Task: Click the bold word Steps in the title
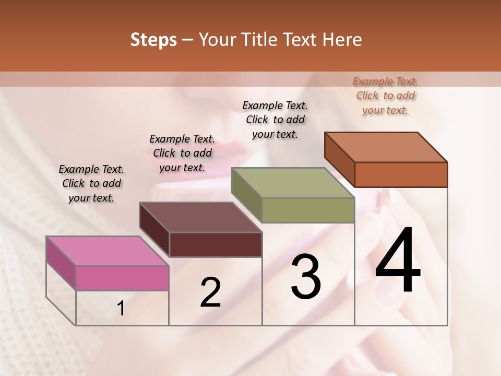[x=153, y=40]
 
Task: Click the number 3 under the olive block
[x=305, y=277]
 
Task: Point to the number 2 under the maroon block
[x=210, y=292]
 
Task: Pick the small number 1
[x=121, y=309]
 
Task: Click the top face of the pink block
[x=107, y=251]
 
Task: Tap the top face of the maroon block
[x=200, y=217]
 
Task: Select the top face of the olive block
[x=293, y=182]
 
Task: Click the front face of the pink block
[x=122, y=278]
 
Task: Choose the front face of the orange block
[x=401, y=174]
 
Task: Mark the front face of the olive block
[x=308, y=210]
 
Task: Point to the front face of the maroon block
[x=215, y=244]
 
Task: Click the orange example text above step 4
[x=386, y=96]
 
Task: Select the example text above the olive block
[x=275, y=120]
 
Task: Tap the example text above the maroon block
[x=182, y=153]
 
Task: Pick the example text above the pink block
[x=91, y=183]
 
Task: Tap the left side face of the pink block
[x=61, y=264]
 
